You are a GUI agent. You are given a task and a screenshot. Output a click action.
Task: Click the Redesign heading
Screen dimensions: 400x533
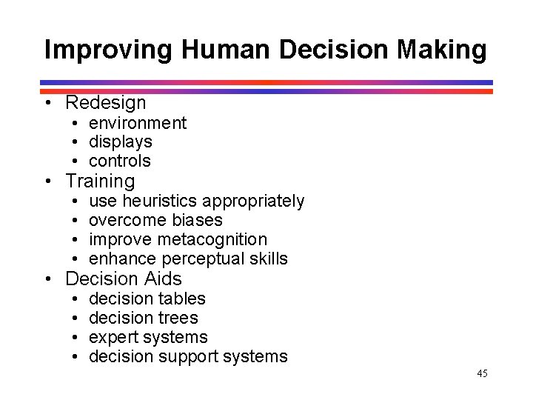[106, 103]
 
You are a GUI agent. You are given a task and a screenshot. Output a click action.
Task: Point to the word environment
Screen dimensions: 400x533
[138, 123]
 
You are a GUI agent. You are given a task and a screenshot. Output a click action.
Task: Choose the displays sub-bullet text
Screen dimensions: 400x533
[120, 141]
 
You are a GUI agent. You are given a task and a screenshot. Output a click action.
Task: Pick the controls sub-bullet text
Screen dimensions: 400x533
[119, 161]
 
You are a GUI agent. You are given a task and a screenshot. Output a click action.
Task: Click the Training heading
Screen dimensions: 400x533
[100, 181]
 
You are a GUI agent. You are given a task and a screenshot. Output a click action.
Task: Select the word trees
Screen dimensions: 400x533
[177, 318]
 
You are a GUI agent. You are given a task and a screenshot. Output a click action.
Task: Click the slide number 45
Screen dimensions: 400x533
[482, 373]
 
